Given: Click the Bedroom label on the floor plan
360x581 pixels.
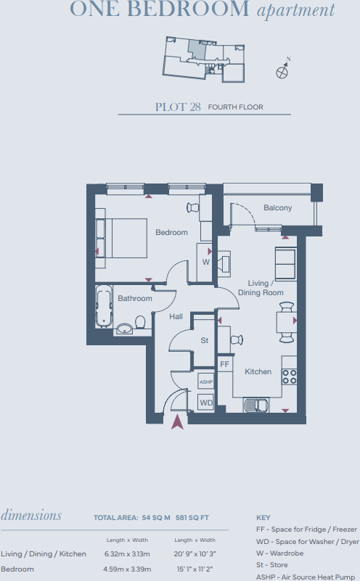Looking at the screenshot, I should pos(171,233).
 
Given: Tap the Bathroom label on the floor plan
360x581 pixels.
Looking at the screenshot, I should pos(135,298).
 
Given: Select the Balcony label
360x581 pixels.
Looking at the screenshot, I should pos(277,208).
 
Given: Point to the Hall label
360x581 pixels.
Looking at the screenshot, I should pos(176,317).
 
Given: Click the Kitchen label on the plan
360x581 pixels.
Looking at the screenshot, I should pos(258,372).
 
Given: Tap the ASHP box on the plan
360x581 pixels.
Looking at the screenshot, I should pos(205,382).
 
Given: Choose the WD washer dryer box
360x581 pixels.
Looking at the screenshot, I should pos(206,402).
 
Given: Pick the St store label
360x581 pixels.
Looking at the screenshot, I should pos(205,340).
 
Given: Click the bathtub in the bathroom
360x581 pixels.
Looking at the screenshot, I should pos(105,307).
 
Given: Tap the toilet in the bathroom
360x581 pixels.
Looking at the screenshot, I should pos(140,321).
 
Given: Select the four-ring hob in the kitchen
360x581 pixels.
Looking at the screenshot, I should pos(290,376).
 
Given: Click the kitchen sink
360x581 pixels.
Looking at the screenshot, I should pos(255,405).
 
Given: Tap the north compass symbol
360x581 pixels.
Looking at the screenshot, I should pos(282,71).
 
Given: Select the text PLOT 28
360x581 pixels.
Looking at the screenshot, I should pos(178,107).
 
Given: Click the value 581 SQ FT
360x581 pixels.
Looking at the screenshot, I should pos(193,518).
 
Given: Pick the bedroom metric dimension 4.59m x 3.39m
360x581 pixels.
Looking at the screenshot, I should pos(126,569).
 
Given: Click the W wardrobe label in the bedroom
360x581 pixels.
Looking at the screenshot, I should pos(206,262).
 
